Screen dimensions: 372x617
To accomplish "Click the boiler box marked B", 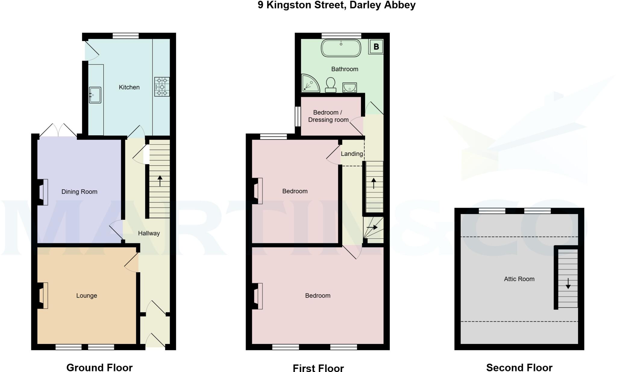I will (x=376, y=47).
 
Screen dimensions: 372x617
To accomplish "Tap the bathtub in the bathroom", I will (x=341, y=48).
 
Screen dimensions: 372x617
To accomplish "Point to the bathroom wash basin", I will (x=349, y=88).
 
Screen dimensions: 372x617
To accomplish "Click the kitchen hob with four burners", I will (x=162, y=87).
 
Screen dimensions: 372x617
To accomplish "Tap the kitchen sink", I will (x=95, y=95).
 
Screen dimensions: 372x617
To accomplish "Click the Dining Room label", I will (x=79, y=192).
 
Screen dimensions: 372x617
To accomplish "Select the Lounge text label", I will (x=86, y=296).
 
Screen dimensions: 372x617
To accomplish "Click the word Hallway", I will (x=149, y=233).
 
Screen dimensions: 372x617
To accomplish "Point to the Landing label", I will (x=352, y=154).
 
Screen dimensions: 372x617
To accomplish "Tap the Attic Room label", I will (x=519, y=279).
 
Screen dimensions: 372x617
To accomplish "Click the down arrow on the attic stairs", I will (x=568, y=284).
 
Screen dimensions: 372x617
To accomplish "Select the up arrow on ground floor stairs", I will (x=160, y=181).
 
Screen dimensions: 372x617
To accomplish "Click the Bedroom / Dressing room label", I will (x=328, y=116).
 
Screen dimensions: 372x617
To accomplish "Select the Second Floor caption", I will (x=519, y=367).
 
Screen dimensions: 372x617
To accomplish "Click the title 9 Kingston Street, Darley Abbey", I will (x=337, y=5).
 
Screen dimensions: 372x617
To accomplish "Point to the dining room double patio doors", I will (x=58, y=130).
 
